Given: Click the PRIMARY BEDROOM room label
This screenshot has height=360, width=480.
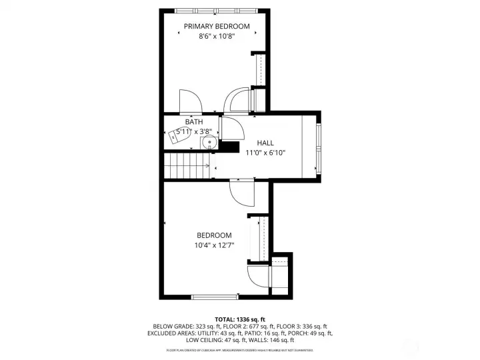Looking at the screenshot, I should coord(217,27).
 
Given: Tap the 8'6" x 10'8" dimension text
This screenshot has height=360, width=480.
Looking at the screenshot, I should coord(217,37).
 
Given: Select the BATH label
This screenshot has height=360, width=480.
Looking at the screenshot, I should coord(194,122).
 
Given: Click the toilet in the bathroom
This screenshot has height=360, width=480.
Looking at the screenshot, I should coord(180,135).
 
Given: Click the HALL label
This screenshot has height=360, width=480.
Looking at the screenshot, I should coord(265,143).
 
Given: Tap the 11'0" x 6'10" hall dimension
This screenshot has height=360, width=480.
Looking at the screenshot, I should coord(265,153).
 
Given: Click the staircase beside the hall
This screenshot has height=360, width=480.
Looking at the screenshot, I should coord(189,165).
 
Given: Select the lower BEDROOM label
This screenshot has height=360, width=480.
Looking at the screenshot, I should coord(214,235).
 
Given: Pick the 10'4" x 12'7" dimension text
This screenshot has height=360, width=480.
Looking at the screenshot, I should coord(214,245).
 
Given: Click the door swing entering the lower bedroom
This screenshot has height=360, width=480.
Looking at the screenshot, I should coord(241,193).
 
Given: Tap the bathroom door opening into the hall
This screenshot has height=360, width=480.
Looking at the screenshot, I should coord(227,127).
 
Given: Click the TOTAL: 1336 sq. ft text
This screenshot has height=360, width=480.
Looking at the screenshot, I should coord(240,319).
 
